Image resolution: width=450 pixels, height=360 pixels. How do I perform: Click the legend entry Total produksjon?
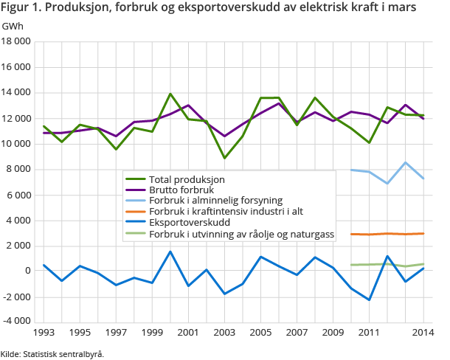point(187,179)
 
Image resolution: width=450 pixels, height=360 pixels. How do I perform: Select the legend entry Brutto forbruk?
point(180,190)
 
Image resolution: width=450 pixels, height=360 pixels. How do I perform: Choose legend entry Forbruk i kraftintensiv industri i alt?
point(226,211)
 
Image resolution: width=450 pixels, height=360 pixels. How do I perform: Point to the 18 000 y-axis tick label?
point(17,42)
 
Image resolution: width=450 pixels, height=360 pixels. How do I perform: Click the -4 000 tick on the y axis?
point(17,322)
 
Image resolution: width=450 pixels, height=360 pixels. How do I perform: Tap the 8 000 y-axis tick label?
point(20,170)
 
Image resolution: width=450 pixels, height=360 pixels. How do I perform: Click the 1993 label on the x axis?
point(44,333)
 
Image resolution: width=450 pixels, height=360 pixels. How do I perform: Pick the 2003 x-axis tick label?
point(224,333)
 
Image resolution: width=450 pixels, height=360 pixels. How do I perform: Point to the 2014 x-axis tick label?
point(423,333)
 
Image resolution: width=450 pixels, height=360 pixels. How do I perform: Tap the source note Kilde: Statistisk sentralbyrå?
point(52,353)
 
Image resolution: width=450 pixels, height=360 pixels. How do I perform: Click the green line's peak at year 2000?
point(170,94)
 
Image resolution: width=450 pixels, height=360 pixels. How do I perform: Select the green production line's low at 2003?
point(224,158)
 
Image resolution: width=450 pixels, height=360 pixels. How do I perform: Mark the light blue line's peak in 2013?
point(405,162)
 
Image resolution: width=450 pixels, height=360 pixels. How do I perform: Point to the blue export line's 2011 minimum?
point(369,300)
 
